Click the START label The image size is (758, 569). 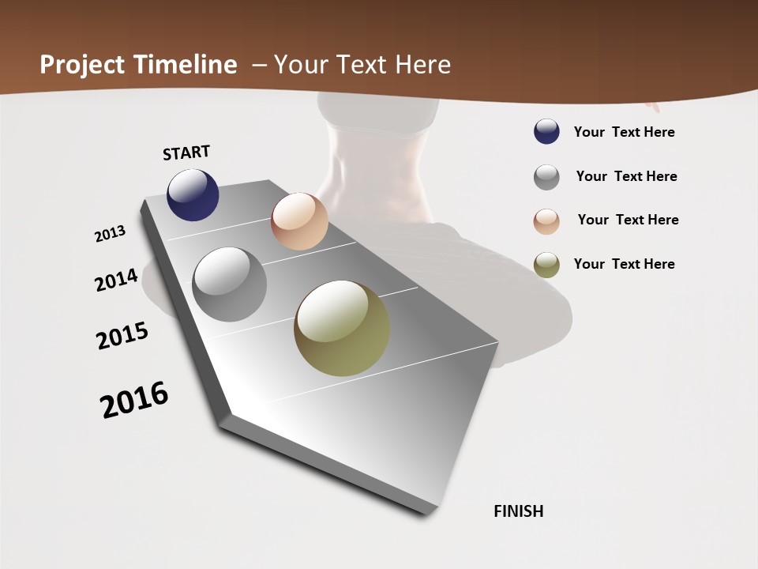point(186,153)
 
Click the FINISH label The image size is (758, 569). point(519,511)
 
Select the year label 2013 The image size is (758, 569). point(111,234)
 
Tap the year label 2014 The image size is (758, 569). point(117,280)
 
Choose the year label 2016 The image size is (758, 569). point(134,400)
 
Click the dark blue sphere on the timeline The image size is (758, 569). point(193,194)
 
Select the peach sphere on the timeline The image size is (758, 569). point(299,221)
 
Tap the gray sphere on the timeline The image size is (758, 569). point(230,284)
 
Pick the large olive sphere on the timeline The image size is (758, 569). point(342,328)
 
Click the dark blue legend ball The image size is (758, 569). point(546,132)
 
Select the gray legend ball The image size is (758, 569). point(546,177)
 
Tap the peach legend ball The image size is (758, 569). point(546,221)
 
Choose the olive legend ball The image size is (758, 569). point(546,265)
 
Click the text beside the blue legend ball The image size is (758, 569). point(625,132)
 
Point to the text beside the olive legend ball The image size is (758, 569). point(625,264)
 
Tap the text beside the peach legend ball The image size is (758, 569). point(629,220)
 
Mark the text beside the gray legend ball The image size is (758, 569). point(627,176)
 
